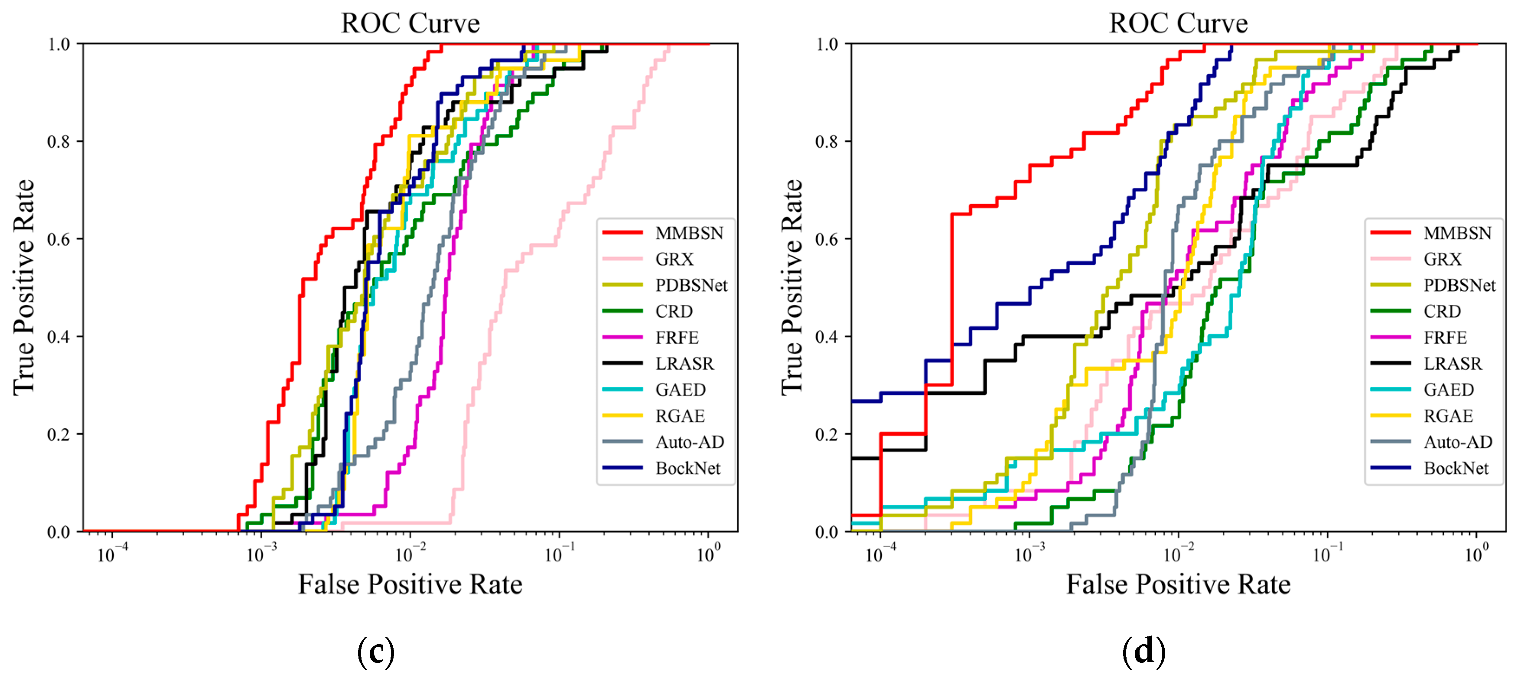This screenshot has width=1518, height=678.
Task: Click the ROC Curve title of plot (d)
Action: point(1178,23)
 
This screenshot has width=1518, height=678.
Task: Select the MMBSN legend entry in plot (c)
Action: point(688,233)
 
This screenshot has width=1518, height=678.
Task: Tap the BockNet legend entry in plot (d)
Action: point(1456,468)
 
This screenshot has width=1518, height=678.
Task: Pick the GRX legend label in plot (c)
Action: point(674,259)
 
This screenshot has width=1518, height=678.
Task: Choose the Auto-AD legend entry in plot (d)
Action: point(1457,442)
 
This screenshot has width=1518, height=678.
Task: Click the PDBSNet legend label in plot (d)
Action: point(1459,285)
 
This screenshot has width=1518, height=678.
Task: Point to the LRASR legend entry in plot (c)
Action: point(684,363)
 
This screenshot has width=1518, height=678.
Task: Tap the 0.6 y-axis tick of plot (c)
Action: point(59,239)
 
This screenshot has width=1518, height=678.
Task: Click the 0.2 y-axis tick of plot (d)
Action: point(827,434)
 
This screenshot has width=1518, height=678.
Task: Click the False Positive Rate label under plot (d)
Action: point(1178,584)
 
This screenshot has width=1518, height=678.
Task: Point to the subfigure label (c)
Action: point(375,652)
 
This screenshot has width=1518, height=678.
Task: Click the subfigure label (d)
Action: point(1143,652)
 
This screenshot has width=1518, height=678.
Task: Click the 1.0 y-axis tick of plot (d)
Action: point(827,44)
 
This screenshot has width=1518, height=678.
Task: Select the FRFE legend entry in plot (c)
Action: point(677,337)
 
